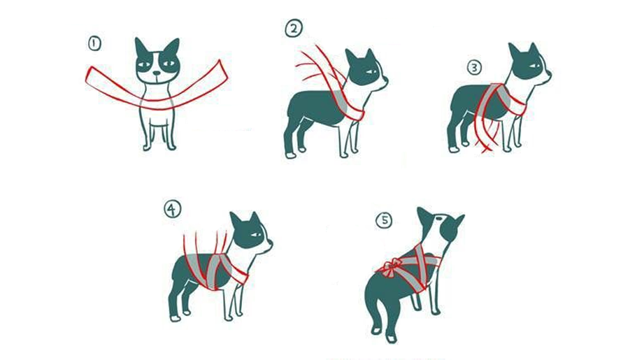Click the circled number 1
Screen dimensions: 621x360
[x=94, y=43]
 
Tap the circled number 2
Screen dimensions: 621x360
[x=294, y=29]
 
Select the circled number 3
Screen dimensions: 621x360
[x=474, y=67]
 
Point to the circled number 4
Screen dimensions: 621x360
[x=173, y=209]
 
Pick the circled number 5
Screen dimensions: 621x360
[x=384, y=221]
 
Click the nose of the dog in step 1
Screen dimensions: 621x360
[x=157, y=73]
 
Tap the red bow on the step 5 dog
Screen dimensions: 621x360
[x=390, y=267]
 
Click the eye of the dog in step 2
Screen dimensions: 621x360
[x=371, y=72]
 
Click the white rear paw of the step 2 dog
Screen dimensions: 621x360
[x=291, y=155]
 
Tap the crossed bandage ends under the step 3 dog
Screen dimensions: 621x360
[x=485, y=148]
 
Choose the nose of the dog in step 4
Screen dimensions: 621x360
[x=271, y=243]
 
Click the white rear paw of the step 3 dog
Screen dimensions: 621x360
[x=453, y=150]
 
